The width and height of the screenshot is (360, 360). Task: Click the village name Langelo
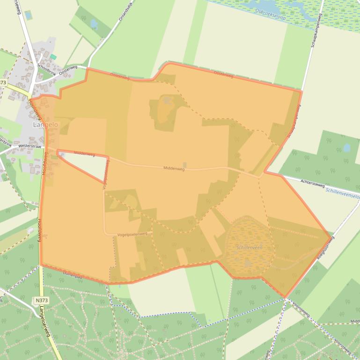pyautogui.click(x=46, y=125)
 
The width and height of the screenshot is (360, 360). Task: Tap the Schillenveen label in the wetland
pyautogui.click(x=249, y=247)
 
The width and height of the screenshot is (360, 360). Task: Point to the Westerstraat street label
pyautogui.click(x=30, y=146)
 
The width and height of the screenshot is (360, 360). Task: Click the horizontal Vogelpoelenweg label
pyautogui.click(x=132, y=234)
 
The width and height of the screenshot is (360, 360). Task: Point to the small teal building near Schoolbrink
pyautogui.click(x=53, y=57)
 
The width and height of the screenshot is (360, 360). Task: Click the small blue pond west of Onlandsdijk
pyautogui.click(x=94, y=22)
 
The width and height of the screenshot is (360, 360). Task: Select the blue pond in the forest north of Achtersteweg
pyautogui.click(x=346, y=148)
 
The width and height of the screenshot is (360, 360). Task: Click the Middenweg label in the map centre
pyautogui.click(x=174, y=168)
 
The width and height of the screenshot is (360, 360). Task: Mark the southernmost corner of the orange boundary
pyautogui.click(x=285, y=297)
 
